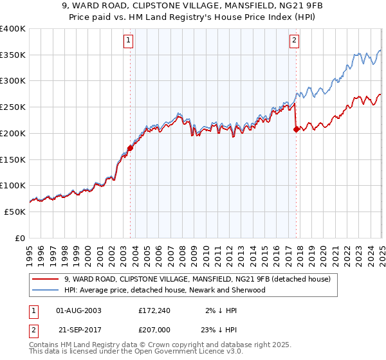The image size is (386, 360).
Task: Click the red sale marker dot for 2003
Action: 130,147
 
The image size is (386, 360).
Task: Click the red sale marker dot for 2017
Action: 297,129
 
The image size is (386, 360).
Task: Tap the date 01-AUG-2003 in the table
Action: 79,310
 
